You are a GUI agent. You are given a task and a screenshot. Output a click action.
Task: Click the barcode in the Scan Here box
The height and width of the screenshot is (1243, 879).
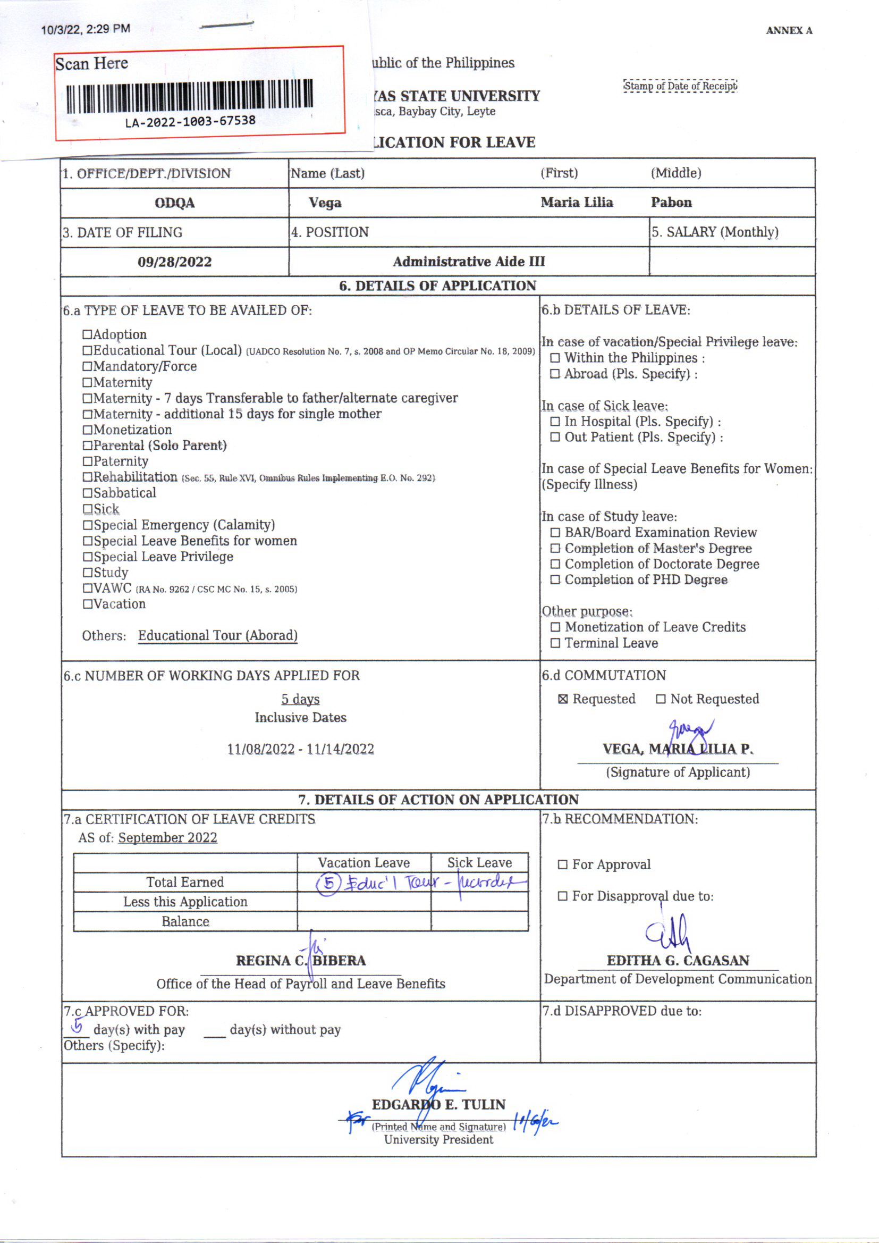[x=189, y=96]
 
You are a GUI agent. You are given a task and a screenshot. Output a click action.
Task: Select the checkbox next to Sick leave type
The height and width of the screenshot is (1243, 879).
[x=88, y=509]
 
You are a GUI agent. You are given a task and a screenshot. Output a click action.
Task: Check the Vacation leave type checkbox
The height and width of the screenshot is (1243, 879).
[x=88, y=604]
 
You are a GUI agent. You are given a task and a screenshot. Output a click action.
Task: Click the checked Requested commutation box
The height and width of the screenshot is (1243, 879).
[x=563, y=700]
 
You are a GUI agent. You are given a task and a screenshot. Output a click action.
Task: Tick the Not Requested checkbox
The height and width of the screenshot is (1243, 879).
[x=661, y=700]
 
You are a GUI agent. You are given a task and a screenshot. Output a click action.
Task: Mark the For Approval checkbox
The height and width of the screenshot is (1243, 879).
[x=563, y=865]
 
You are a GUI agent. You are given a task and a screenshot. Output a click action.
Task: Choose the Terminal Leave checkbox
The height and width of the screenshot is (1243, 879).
[x=555, y=644]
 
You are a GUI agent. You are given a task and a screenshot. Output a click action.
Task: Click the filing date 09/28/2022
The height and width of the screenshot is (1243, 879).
[x=174, y=262]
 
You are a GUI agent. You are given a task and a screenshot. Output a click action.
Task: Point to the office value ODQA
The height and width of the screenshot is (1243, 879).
[x=174, y=203]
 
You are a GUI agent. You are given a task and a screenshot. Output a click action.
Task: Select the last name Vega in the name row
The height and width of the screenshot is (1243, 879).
[x=325, y=203]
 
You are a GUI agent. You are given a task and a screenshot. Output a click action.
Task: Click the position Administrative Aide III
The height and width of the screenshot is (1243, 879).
[x=469, y=262]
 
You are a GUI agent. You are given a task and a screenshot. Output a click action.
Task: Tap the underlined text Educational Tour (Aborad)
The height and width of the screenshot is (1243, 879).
[x=217, y=635]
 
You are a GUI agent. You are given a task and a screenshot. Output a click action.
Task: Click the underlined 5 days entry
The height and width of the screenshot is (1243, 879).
[x=300, y=700]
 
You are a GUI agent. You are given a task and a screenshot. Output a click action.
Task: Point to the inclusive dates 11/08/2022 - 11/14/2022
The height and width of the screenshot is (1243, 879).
[x=300, y=749]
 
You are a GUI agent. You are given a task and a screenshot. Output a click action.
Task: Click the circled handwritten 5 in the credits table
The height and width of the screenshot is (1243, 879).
[x=328, y=884]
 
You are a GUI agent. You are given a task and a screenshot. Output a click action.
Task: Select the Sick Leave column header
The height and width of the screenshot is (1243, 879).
[x=479, y=863]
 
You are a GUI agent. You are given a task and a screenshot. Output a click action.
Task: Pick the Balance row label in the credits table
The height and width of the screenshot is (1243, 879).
[x=185, y=921]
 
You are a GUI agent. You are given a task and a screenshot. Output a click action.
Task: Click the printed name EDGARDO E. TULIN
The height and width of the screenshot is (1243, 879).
[x=438, y=1104]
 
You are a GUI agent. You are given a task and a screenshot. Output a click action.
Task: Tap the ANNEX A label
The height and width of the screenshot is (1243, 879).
[x=789, y=31]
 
